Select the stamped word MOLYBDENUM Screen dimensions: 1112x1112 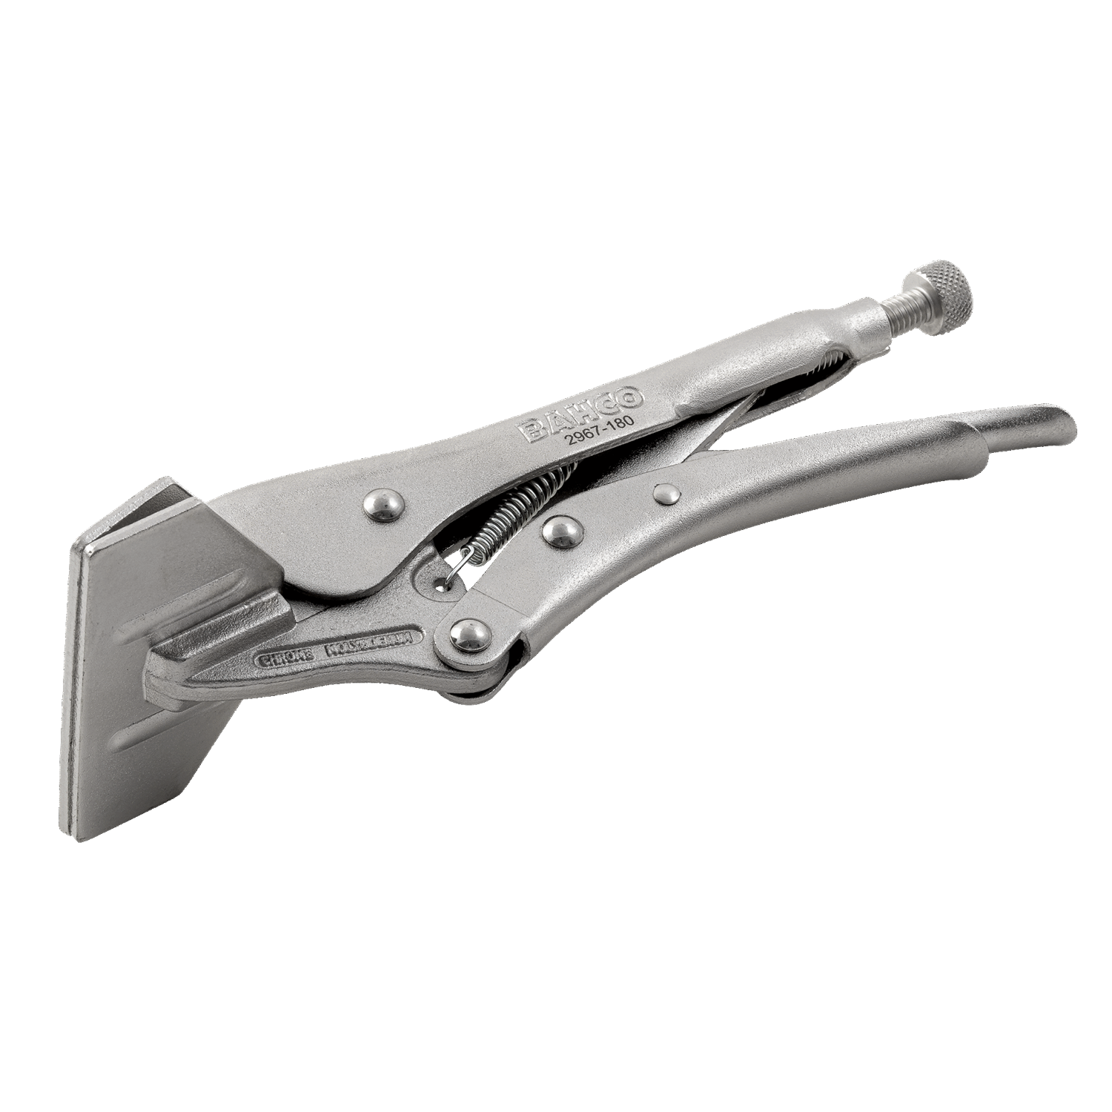pos(371,645)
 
